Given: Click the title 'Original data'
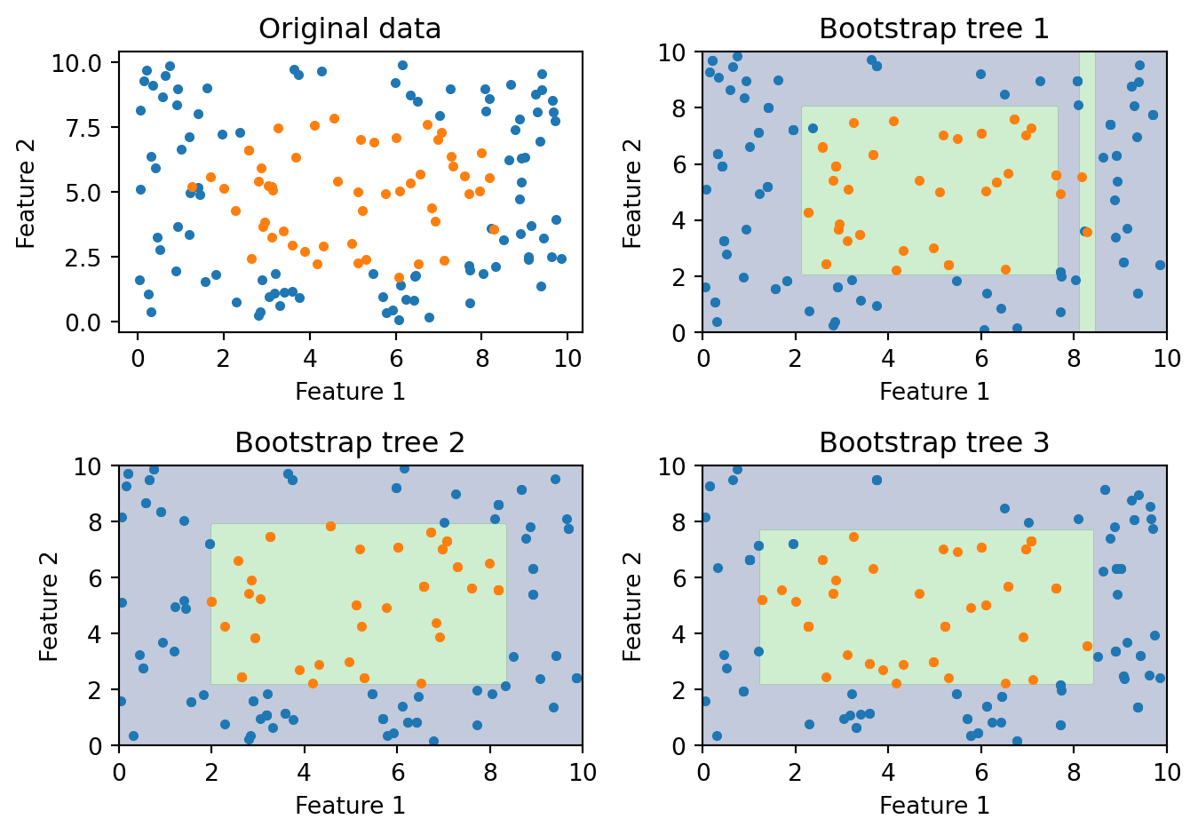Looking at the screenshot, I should pyautogui.click(x=350, y=29).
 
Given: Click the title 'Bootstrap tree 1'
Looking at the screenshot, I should pyautogui.click(x=933, y=29).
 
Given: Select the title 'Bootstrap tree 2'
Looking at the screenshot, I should pyautogui.click(x=350, y=442).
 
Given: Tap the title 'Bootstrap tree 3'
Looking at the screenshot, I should pyautogui.click(x=933, y=442).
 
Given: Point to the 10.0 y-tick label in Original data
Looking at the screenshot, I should pyautogui.click(x=83, y=63).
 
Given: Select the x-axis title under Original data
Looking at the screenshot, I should pyautogui.click(x=350, y=392).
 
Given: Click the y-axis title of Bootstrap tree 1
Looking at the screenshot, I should pyautogui.click(x=632, y=193).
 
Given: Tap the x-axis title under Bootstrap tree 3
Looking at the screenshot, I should pyautogui.click(x=933, y=805).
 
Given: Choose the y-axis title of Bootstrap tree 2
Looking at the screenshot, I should pyautogui.click(x=49, y=606).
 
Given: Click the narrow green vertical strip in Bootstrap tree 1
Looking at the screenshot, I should pyautogui.click(x=1086, y=178).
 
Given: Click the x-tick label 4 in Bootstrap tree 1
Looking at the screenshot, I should pyautogui.click(x=888, y=357).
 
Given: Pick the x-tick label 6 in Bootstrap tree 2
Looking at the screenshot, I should pyautogui.click(x=397, y=771).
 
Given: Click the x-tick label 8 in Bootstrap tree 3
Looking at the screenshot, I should pyautogui.click(x=1074, y=771).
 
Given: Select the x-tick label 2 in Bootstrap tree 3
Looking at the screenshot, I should pyautogui.click(x=795, y=771).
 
